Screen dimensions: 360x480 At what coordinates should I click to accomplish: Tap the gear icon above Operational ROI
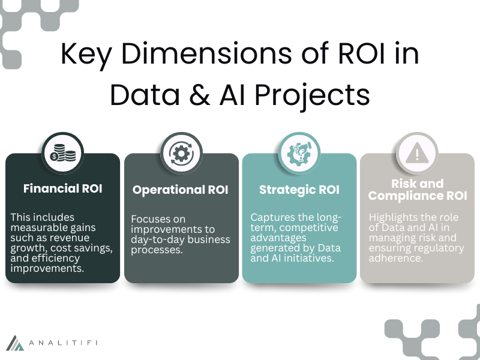(181, 154)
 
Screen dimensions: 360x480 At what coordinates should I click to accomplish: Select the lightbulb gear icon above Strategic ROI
(299, 154)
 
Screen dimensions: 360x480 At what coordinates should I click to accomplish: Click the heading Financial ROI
(63, 188)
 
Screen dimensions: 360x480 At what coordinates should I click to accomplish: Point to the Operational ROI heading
(181, 190)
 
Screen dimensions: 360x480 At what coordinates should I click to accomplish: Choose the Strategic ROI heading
(299, 190)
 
